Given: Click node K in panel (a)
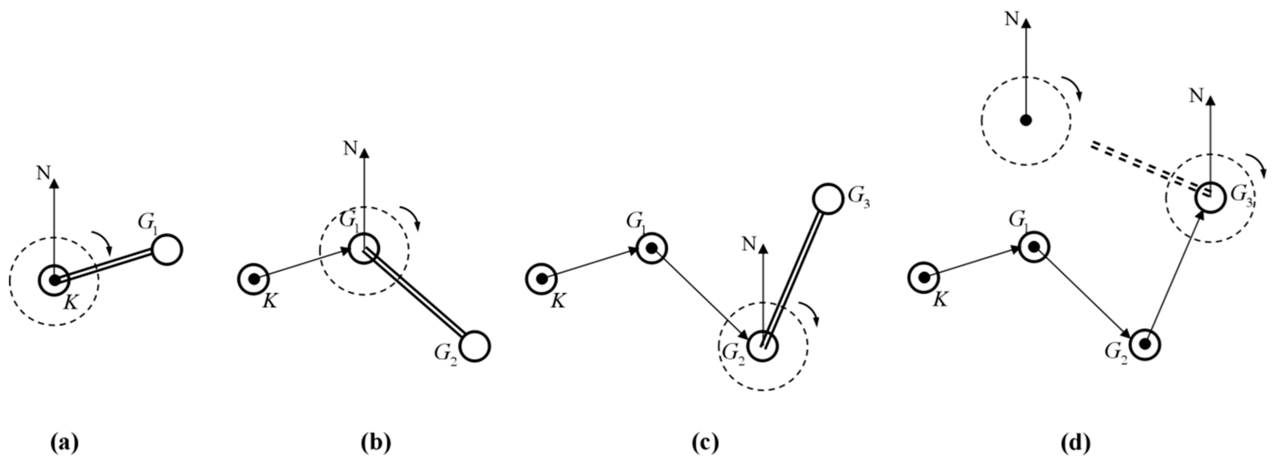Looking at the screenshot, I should [55, 280].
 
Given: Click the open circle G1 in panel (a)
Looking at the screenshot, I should [167, 250].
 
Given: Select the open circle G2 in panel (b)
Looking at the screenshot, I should [475, 346].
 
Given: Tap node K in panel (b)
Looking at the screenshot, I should [253, 279].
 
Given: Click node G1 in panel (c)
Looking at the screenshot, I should [651, 248].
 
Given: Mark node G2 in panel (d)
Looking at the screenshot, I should [1145, 344].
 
